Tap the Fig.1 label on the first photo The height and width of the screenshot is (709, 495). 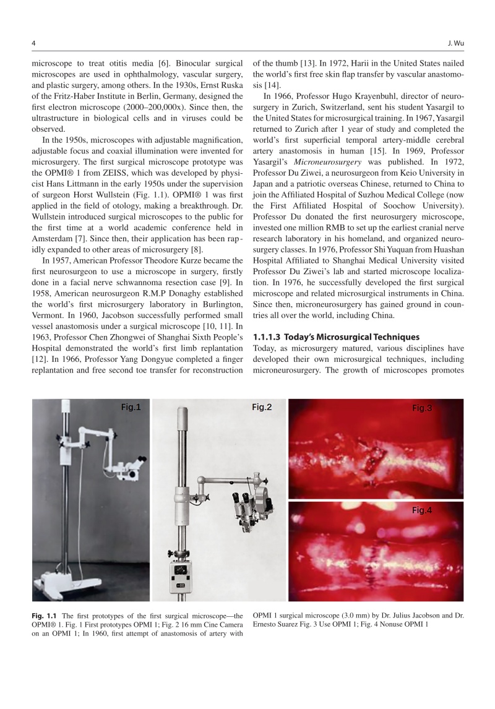(131, 407)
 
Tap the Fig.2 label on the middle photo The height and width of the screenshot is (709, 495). (262, 407)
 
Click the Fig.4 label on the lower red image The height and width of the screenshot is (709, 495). (422, 510)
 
